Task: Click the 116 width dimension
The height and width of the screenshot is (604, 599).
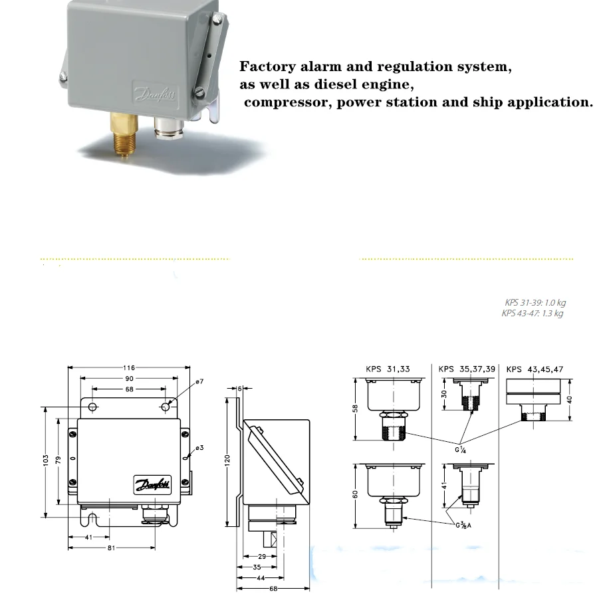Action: coord(129,368)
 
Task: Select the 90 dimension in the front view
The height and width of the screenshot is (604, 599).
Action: coord(129,378)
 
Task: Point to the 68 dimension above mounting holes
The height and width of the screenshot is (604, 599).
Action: coord(129,389)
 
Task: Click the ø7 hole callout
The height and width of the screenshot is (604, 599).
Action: coord(200,381)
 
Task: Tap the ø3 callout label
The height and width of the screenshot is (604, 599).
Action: coord(199,448)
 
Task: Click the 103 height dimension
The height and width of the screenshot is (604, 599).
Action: coord(45,459)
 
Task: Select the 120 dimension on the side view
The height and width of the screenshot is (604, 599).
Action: coord(227,460)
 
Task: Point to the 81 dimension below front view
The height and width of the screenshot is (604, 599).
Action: coord(112,548)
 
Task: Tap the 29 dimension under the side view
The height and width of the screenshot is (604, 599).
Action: coord(261,555)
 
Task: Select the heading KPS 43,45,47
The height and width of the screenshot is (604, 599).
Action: coord(535,368)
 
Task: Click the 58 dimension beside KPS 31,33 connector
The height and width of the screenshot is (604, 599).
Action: coord(356,408)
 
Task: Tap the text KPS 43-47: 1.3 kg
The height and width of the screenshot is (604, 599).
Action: coord(532,314)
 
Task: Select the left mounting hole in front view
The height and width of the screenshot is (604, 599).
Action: coord(92,407)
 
